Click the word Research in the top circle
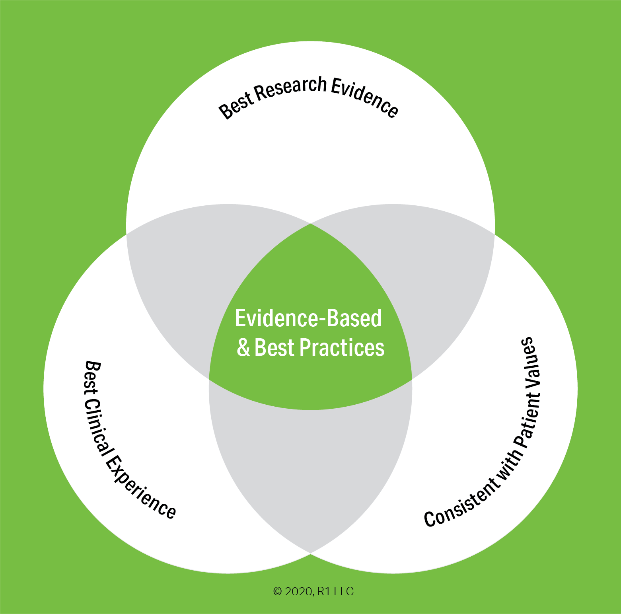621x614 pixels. click(x=290, y=88)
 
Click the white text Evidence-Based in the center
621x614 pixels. click(x=308, y=318)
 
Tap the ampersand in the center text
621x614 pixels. click(x=243, y=347)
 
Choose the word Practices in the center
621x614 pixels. click(x=342, y=347)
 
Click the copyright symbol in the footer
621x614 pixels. click(x=277, y=592)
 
